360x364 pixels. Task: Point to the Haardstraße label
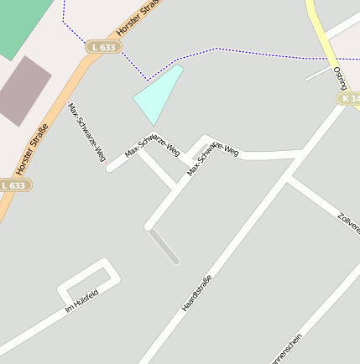click(197, 293)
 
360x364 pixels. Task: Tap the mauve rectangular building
click(23, 90)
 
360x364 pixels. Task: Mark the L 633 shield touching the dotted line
click(103, 48)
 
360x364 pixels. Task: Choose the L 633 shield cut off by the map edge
click(13, 185)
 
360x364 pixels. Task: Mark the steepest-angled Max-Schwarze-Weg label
click(87, 132)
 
